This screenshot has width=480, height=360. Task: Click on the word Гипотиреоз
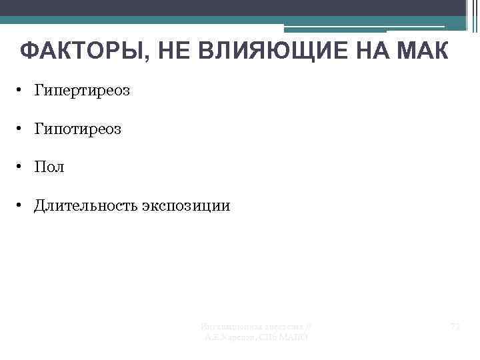(78, 129)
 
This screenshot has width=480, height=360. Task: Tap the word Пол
(50, 167)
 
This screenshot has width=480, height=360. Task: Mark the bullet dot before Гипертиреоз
(21, 90)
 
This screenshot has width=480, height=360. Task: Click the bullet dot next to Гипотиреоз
(21, 129)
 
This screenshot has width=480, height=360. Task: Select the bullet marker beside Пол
(21, 167)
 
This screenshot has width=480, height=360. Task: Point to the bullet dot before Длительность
(21, 206)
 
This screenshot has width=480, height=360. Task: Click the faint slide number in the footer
(456, 327)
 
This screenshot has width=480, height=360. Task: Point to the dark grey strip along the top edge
(233, 7)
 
